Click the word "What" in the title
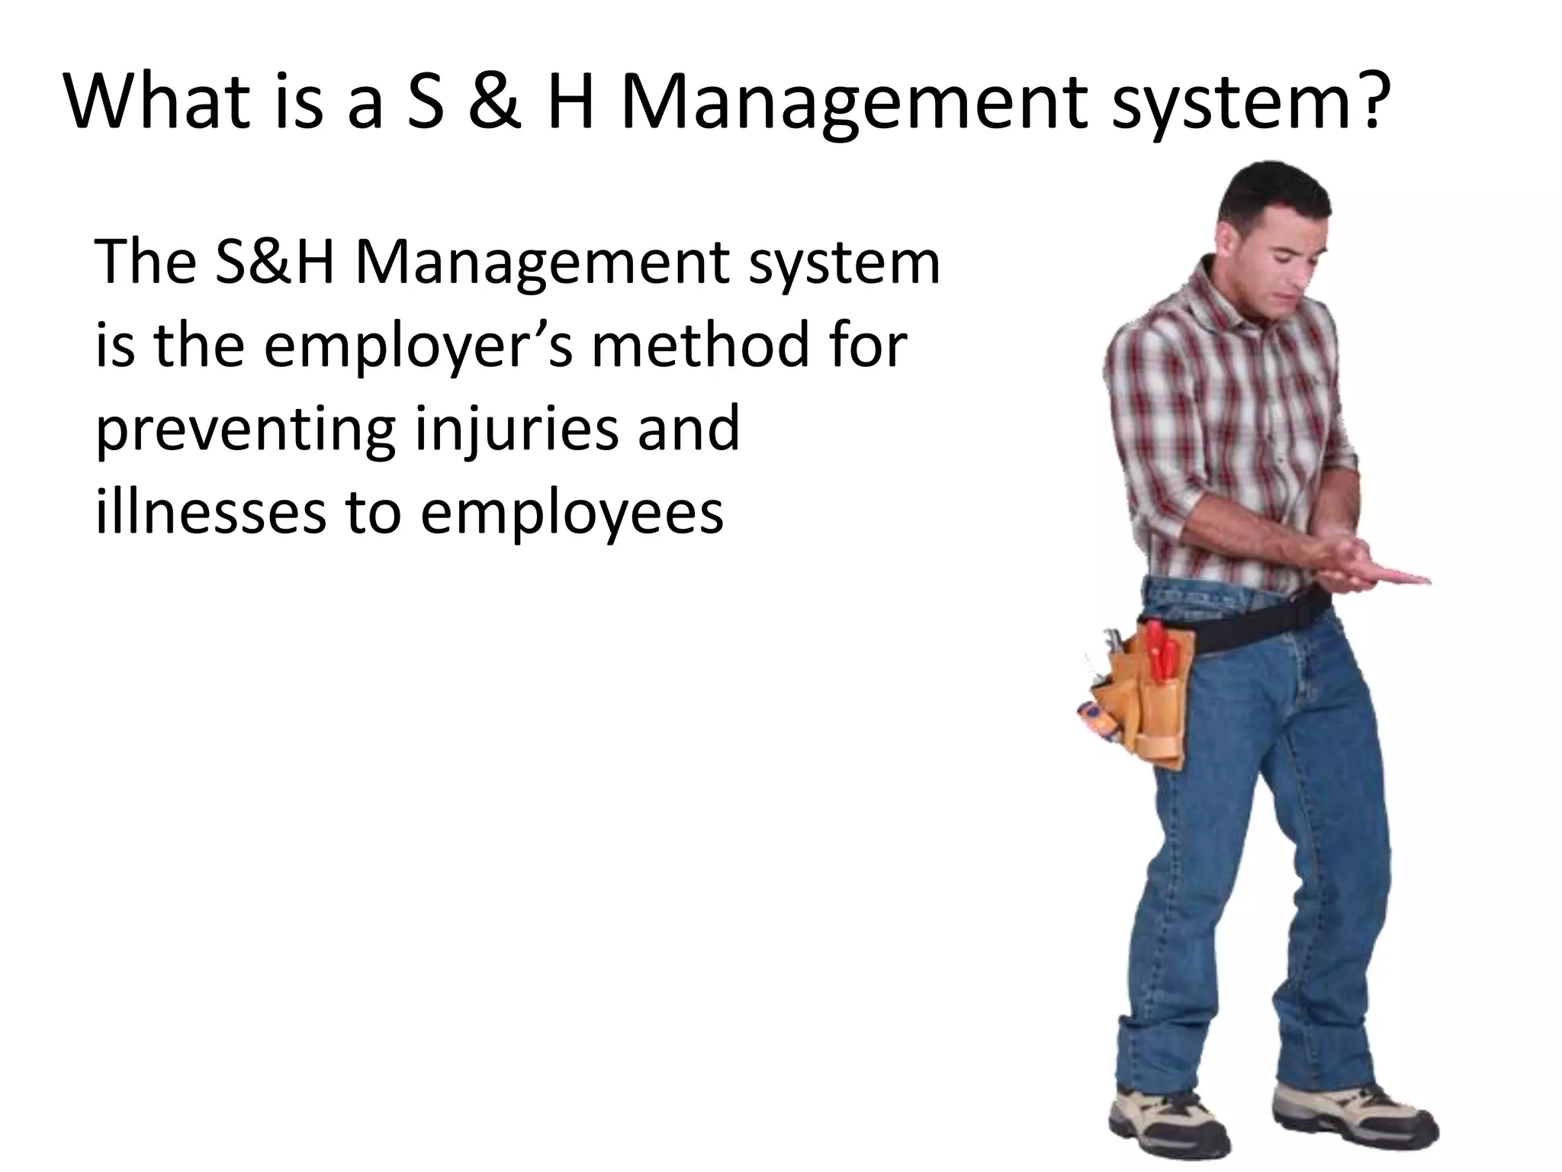pyautogui.click(x=157, y=102)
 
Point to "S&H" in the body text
pyautogui.click(x=274, y=262)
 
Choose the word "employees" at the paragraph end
pyautogui.click(x=571, y=516)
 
